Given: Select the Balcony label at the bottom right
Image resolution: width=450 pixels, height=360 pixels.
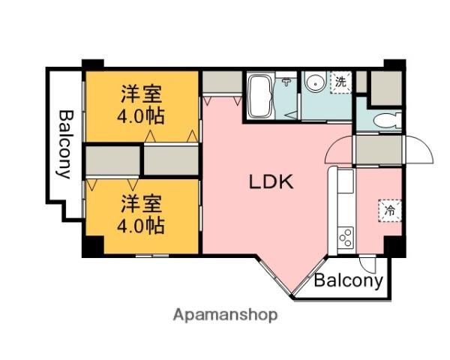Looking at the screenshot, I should (349, 281).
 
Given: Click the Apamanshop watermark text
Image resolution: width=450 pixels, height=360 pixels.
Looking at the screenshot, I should (225, 315).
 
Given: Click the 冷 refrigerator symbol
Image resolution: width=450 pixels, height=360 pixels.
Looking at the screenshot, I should (390, 210).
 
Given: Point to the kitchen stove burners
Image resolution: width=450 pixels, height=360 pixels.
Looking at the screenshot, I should (346, 238).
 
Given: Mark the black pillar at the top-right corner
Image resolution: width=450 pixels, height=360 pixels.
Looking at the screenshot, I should (394, 64).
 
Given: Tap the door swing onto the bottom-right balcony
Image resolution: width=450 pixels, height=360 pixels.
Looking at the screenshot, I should (367, 264).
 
